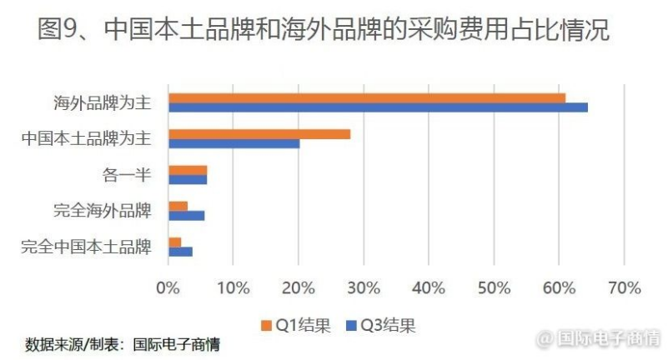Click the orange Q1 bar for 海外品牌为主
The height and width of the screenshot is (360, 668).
pos(367,97)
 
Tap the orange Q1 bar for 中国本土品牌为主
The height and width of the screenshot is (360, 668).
pos(259,133)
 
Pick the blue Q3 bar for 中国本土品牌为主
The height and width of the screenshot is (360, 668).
pos(234,143)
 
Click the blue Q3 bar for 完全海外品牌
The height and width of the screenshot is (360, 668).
pos(186,215)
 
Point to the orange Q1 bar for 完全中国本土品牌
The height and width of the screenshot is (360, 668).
pos(174,242)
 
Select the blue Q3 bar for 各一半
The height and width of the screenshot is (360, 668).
pos(188,179)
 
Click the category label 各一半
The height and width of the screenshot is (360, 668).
pos(125,175)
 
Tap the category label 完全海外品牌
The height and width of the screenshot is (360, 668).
pos(102,211)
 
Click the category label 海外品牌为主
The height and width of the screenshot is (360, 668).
pos(102,102)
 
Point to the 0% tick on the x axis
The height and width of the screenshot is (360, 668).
pos(168,288)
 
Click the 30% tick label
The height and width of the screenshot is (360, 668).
pos(364,288)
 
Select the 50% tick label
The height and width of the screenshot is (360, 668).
pos(494,288)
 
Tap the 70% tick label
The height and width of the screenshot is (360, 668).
pos(624,288)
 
